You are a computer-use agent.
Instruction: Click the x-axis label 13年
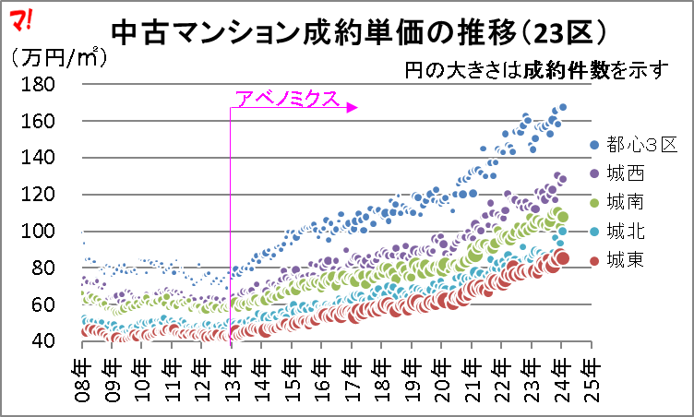[232, 378]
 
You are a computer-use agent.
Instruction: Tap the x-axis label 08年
[83, 378]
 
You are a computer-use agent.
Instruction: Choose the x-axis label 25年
[588, 378]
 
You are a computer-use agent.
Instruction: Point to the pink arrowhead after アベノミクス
[353, 108]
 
